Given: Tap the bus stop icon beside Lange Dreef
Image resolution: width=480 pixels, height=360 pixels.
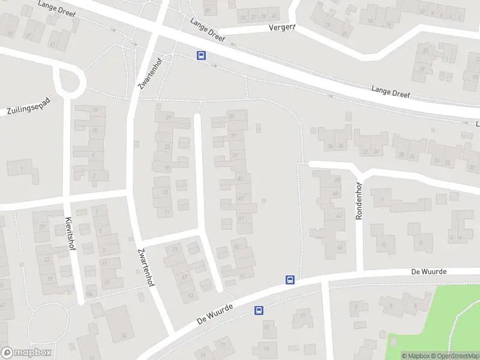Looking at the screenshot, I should pyautogui.click(x=201, y=56).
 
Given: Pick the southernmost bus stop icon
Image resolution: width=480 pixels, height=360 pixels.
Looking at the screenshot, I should pyautogui.click(x=259, y=310).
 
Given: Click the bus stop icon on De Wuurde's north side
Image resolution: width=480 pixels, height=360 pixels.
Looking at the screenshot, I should pyautogui.click(x=290, y=280).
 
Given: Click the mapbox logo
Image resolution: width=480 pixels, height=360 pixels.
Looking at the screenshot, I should pyautogui.click(x=26, y=353).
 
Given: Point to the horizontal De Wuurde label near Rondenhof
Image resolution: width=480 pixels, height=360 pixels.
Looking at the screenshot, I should pyautogui.click(x=430, y=272).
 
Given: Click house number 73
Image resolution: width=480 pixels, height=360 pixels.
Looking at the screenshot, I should pyautogui.click(x=176, y=249).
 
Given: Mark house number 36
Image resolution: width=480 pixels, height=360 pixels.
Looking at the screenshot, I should pyautogui.click(x=329, y=146).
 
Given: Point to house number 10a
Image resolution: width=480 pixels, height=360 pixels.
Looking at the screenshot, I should pyautogui.click(x=89, y=294).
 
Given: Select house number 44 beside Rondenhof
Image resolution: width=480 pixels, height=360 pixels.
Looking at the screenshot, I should pyautogui.click(x=340, y=247).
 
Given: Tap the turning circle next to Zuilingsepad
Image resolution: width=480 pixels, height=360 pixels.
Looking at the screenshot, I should pyautogui.click(x=70, y=80).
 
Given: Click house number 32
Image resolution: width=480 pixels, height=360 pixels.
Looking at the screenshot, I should pyautogui.click(x=365, y=152).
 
